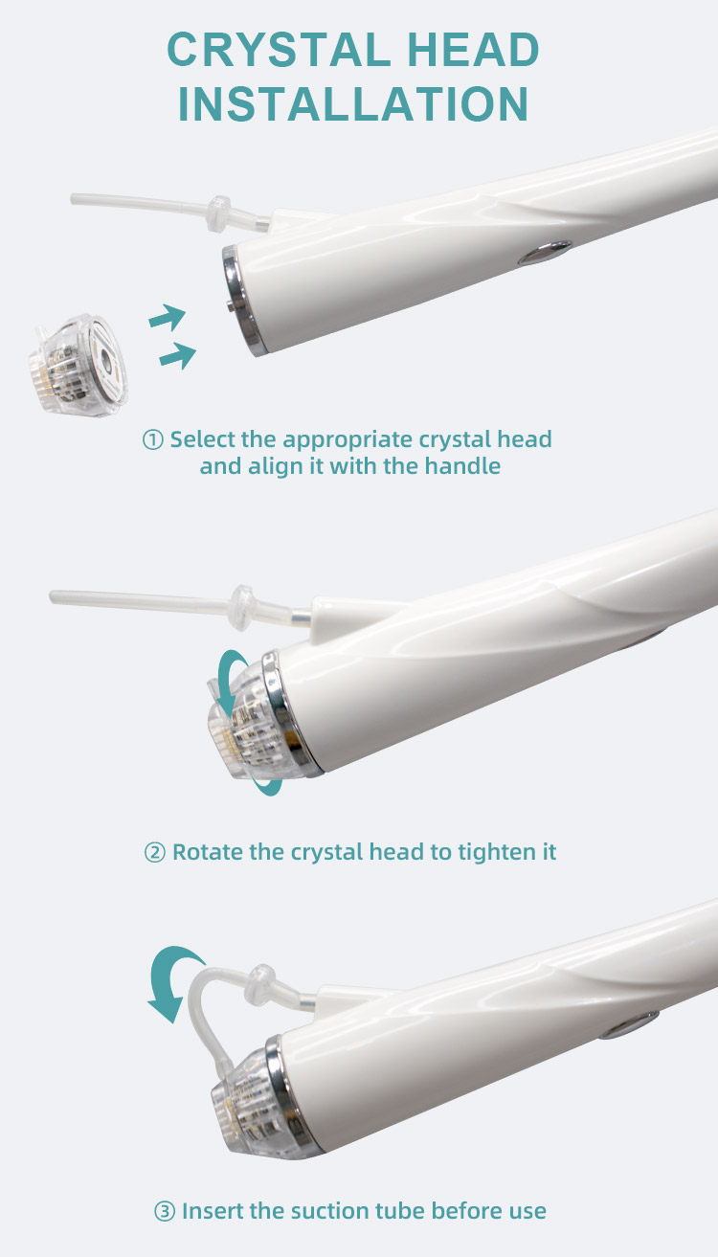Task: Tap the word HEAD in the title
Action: (473, 50)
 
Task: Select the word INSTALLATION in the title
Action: (353, 103)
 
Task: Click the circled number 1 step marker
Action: (153, 440)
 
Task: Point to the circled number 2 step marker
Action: (155, 852)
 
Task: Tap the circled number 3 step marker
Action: (165, 1211)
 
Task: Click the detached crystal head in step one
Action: (78, 365)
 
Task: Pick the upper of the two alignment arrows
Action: (167, 318)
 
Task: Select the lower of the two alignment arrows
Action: (178, 355)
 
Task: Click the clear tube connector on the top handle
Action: (219, 213)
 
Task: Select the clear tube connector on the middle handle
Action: (243, 608)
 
